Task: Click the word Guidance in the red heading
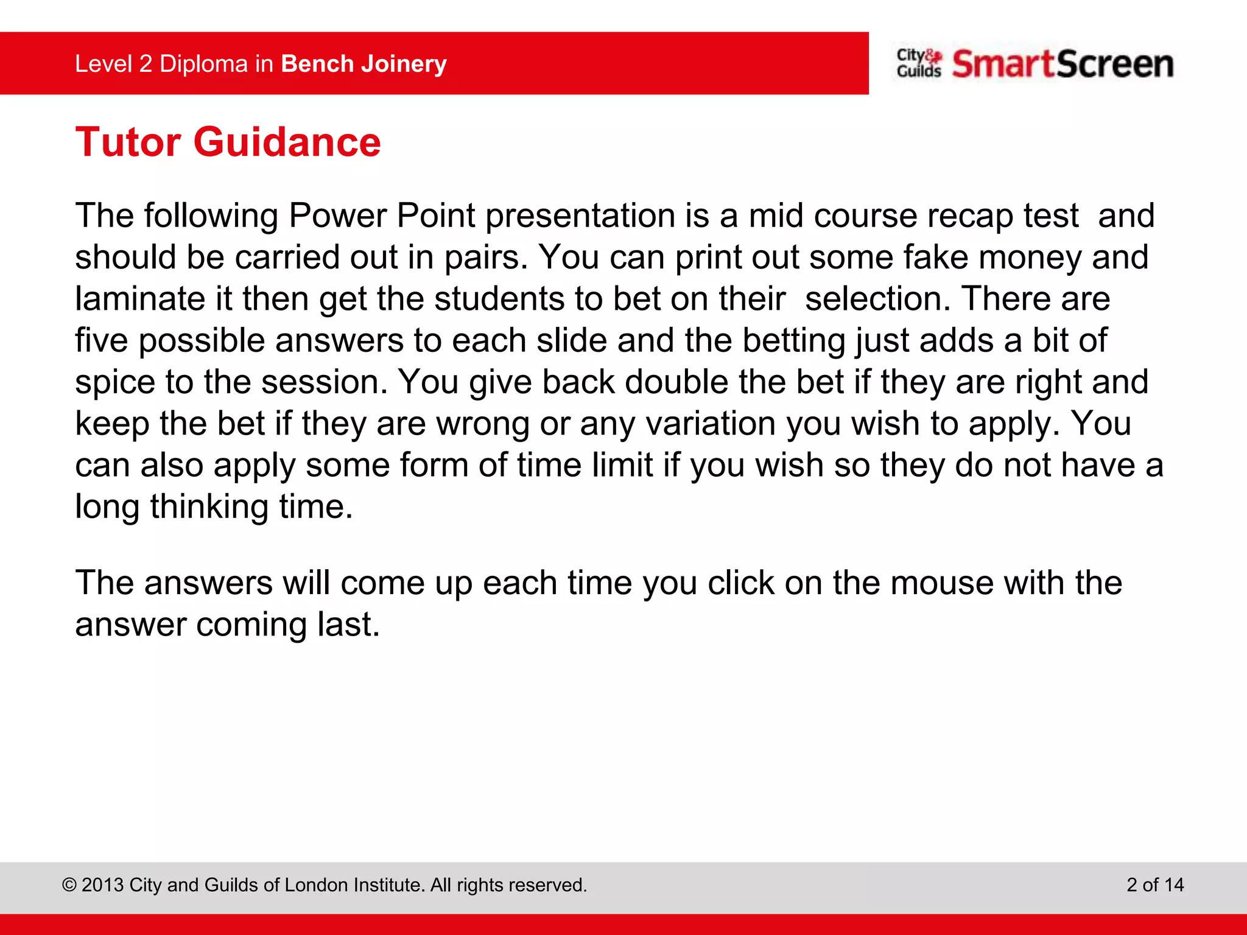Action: click(287, 142)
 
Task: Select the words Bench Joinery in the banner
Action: click(364, 64)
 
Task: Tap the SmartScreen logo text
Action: click(1063, 64)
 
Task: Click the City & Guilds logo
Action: click(918, 63)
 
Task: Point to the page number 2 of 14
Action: click(1154, 884)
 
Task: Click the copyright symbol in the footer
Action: click(69, 885)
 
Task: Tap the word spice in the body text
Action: click(115, 383)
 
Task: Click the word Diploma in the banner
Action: click(204, 64)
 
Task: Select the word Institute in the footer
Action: click(383, 884)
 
